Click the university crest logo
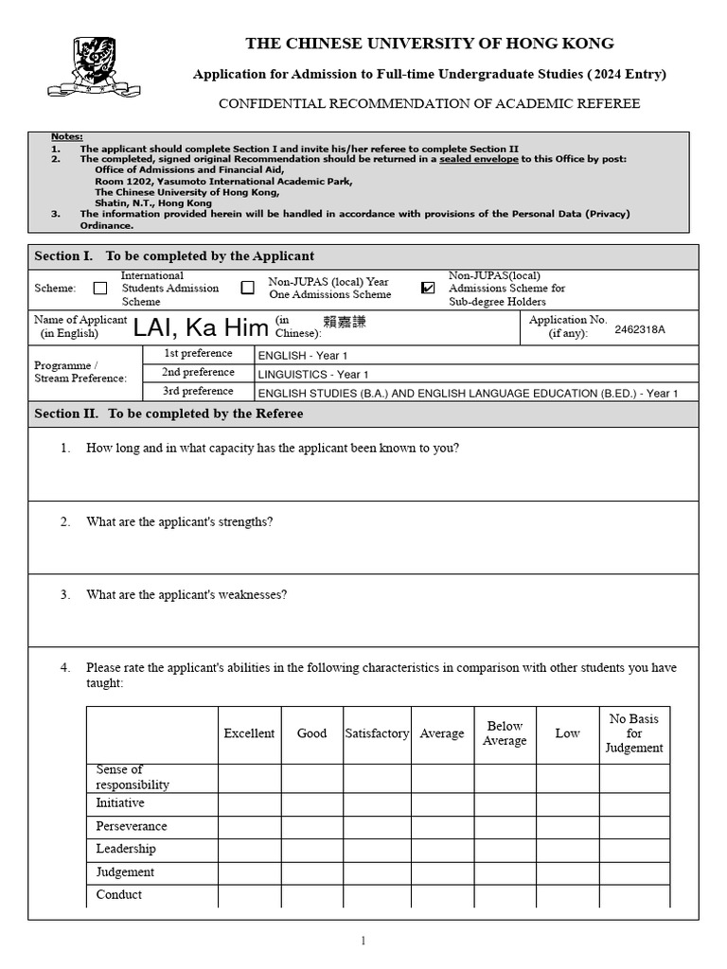[95, 66]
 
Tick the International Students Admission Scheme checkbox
[100, 289]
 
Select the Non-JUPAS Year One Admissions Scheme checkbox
[248, 288]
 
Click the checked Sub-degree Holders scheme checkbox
[428, 288]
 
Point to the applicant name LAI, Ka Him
[201, 328]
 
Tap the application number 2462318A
[640, 329]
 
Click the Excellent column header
[249, 733]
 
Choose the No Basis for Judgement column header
[634, 733]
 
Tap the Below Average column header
[505, 733]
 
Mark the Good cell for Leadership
[312, 850]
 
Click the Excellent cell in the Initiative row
[249, 803]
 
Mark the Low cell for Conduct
[567, 895]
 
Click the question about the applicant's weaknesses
[186, 595]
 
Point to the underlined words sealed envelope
[478, 159]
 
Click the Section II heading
[169, 414]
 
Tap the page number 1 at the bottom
[363, 941]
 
